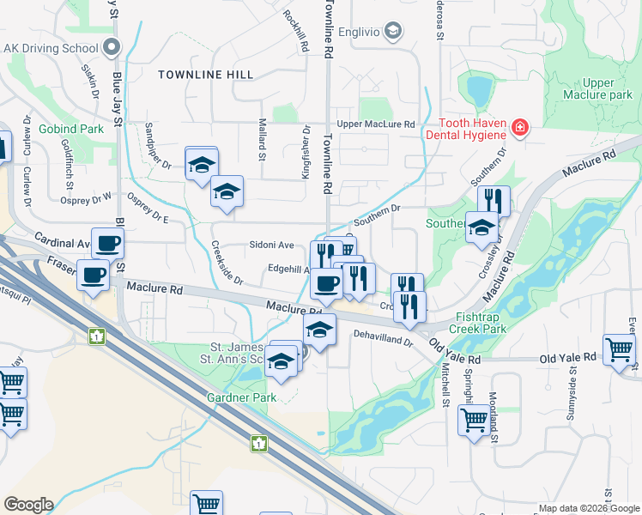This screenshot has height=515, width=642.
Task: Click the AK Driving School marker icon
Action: (x=111, y=47)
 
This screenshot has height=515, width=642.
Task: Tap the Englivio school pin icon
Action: (x=393, y=33)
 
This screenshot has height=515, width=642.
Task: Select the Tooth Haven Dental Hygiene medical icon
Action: (x=519, y=130)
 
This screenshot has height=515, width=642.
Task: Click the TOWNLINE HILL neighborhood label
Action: (x=206, y=75)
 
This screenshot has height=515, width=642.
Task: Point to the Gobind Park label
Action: (x=71, y=129)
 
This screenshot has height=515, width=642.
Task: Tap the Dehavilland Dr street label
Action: (x=383, y=341)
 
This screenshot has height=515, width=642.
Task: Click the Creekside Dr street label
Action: (x=227, y=263)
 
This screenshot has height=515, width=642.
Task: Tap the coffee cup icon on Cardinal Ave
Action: (x=107, y=244)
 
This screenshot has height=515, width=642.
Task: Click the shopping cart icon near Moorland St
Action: (x=474, y=420)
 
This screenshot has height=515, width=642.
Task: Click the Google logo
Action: (x=28, y=505)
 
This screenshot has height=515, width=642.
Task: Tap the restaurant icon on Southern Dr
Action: (x=494, y=201)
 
